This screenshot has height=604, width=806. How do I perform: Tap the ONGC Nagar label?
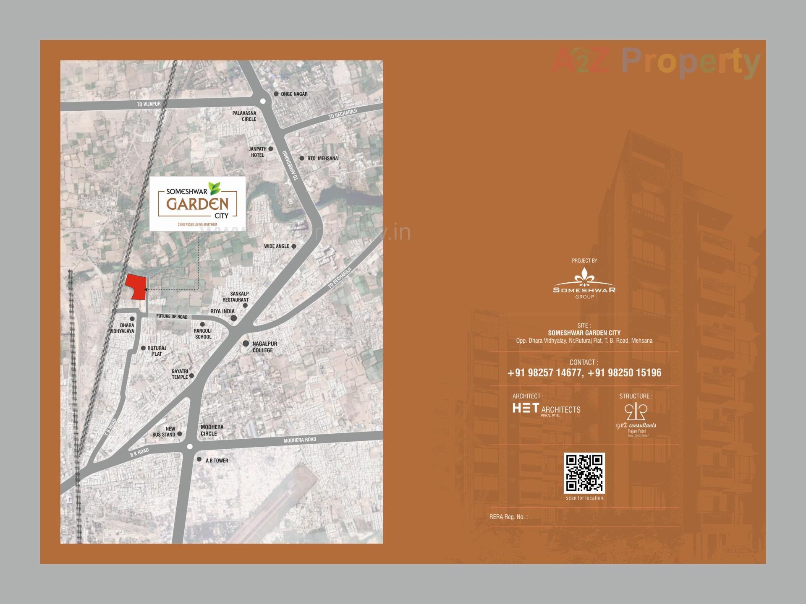pyautogui.click(x=294, y=94)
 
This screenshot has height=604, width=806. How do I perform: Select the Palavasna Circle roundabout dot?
pyautogui.click(x=263, y=101)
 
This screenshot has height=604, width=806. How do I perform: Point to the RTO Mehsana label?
pyautogui.click(x=322, y=159)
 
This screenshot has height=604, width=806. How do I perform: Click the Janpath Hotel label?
pyautogui.click(x=257, y=152)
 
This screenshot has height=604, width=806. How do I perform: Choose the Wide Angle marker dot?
pyautogui.click(x=294, y=246)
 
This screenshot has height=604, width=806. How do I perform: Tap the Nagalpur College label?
pyautogui.click(x=264, y=347)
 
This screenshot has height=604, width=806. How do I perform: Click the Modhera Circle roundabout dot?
pyautogui.click(x=190, y=447)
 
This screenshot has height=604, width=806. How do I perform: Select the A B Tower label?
pyautogui.click(x=217, y=461)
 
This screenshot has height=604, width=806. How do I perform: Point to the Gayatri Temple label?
pyautogui.click(x=180, y=374)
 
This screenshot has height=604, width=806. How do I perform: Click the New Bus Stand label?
pyautogui.click(x=164, y=432)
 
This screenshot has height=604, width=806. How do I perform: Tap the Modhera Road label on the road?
pyautogui.click(x=300, y=440)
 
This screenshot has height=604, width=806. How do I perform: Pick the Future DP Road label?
pyautogui.click(x=172, y=317)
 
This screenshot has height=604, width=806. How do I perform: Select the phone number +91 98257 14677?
pyautogui.click(x=544, y=373)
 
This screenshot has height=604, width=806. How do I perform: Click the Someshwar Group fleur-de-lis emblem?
pyautogui.click(x=584, y=277)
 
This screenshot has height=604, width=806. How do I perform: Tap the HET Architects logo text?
pyautogui.click(x=547, y=409)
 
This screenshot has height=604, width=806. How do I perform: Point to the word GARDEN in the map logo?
pyautogui.click(x=197, y=204)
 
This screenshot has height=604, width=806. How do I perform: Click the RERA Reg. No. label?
pyautogui.click(x=508, y=517)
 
